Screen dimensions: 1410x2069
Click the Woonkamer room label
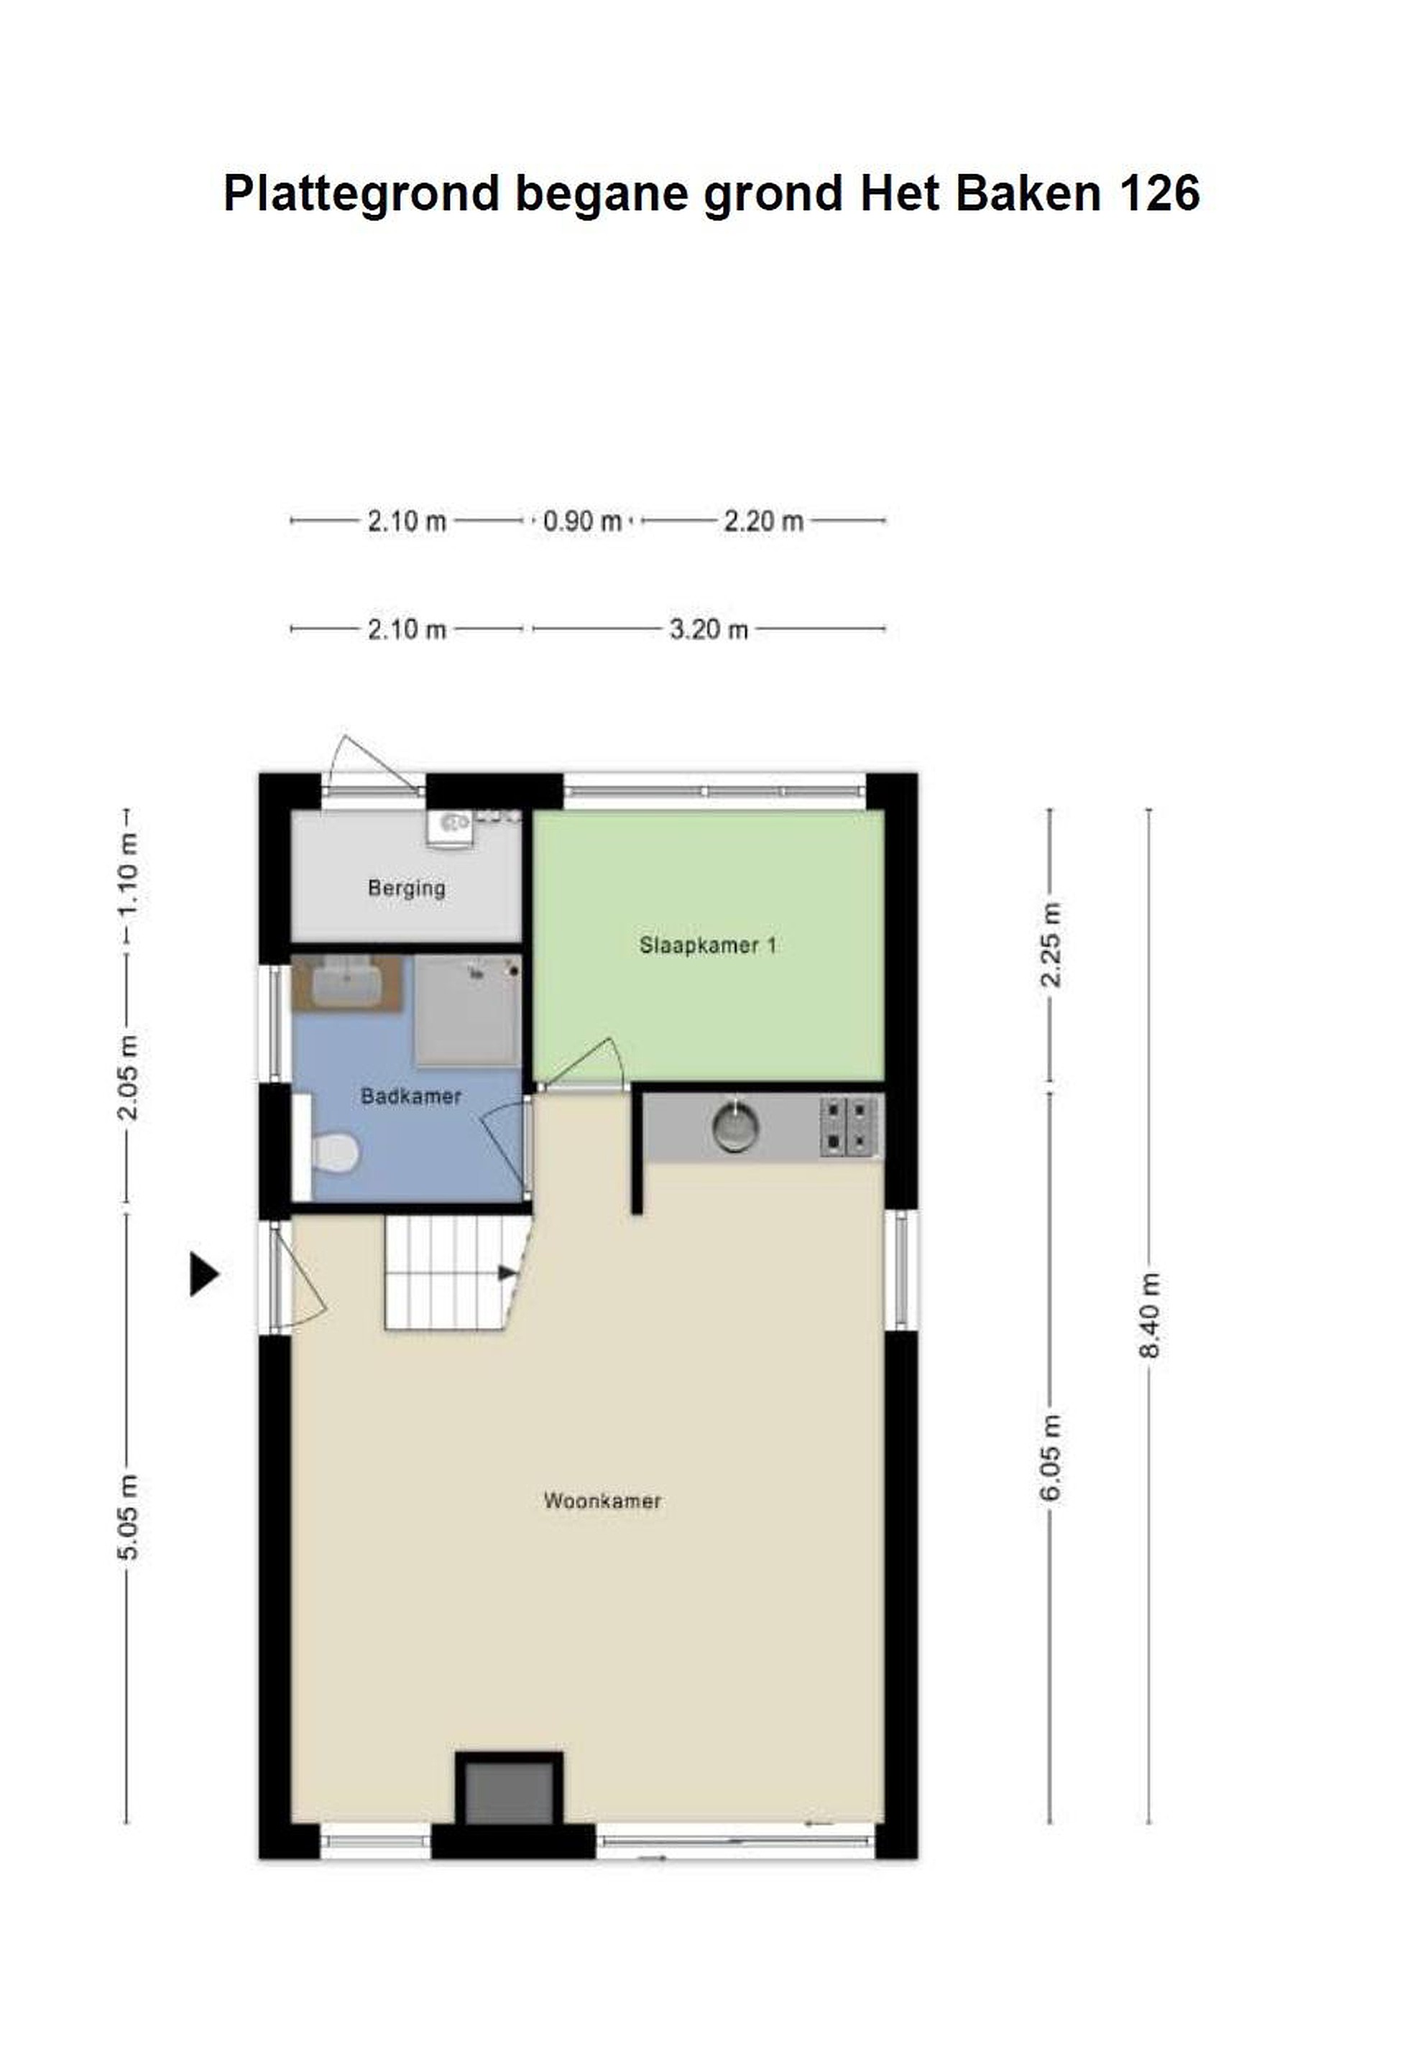pyautogui.click(x=602, y=1501)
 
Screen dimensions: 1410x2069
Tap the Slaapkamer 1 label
pyautogui.click(x=707, y=945)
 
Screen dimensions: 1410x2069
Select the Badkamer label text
pyautogui.click(x=410, y=1096)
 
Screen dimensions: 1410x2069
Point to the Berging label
pyautogui.click(x=406, y=888)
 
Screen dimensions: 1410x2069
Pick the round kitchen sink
pyautogui.click(x=736, y=1127)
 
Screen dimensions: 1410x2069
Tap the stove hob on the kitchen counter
pyautogui.click(x=848, y=1126)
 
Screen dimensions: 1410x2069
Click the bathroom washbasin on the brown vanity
pyautogui.click(x=346, y=982)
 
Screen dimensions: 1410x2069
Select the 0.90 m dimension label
pyautogui.click(x=581, y=521)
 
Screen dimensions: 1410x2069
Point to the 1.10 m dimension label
pyautogui.click(x=127, y=876)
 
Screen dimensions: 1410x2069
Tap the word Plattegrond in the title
pyautogui.click(x=361, y=194)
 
